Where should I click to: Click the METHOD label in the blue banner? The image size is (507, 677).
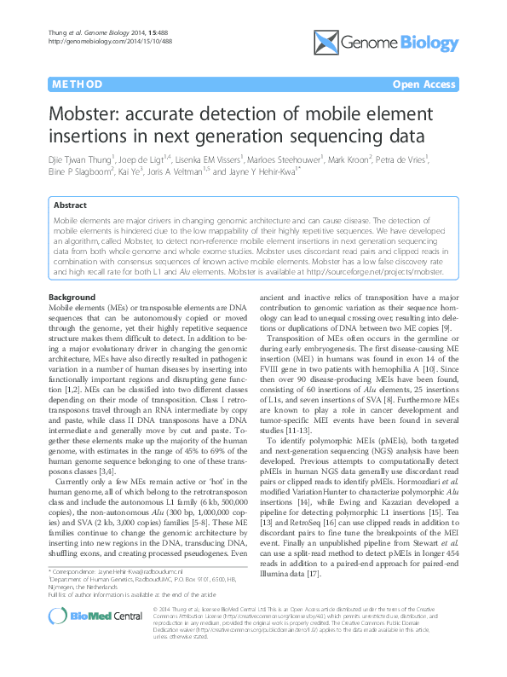pyautogui.click(x=78, y=84)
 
